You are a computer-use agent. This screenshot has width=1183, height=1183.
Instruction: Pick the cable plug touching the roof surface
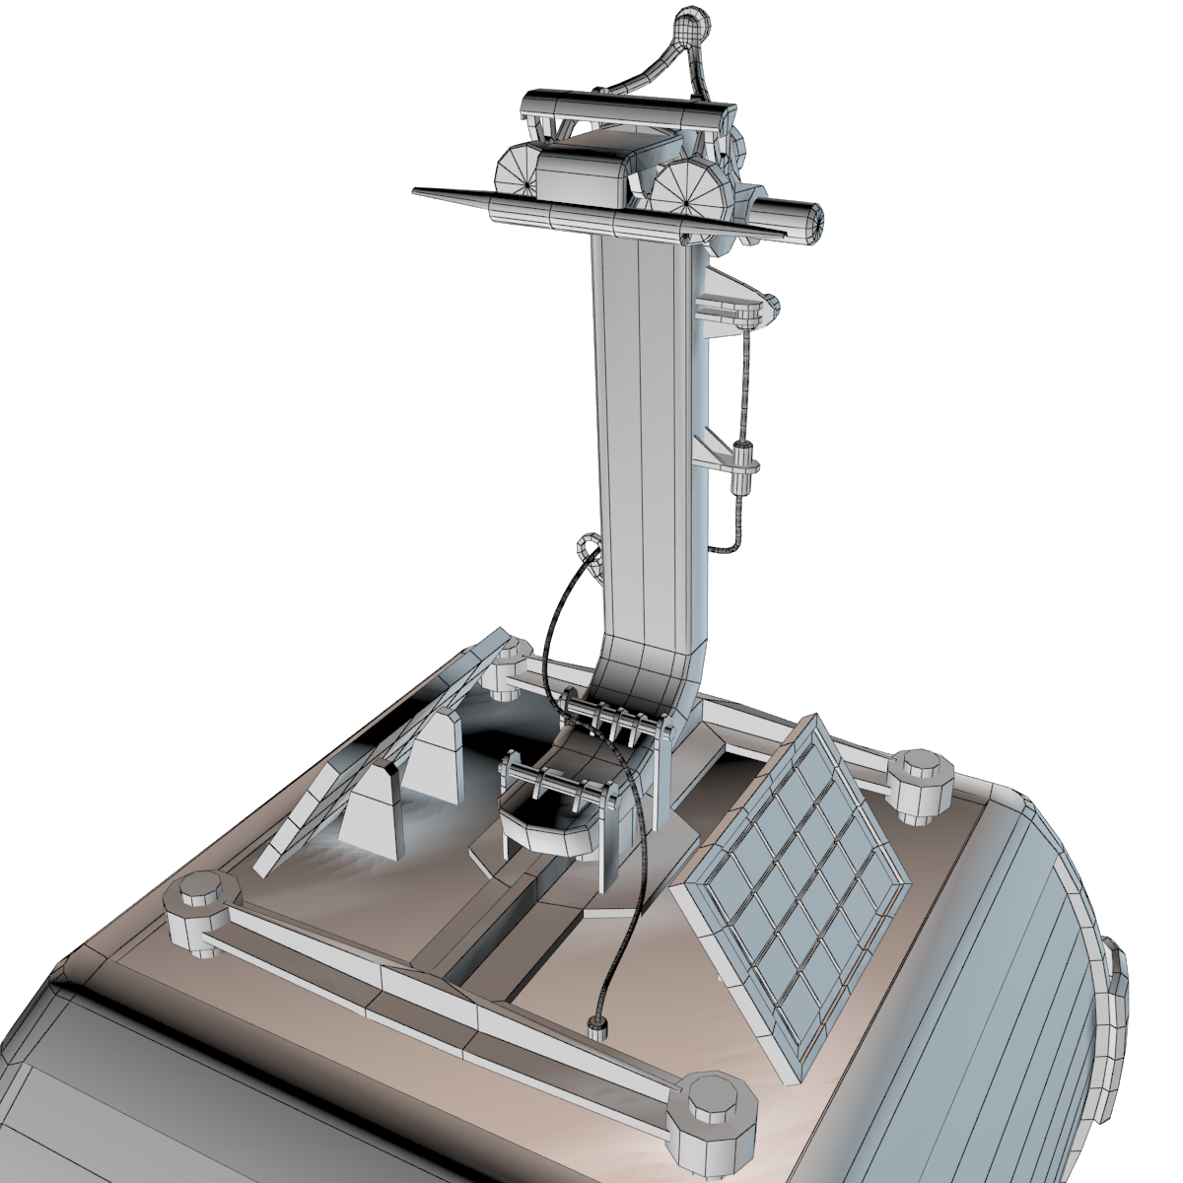coord(595,1028)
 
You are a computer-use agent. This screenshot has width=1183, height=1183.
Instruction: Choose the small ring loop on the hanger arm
coord(589,547)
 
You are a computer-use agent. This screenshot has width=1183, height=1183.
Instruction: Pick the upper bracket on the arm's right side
coord(734,306)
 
